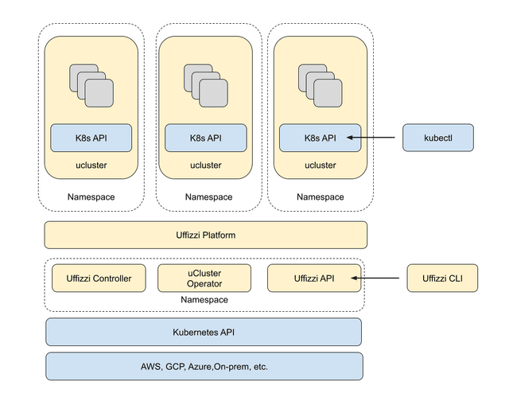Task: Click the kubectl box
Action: click(438, 138)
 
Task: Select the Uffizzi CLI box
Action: click(442, 278)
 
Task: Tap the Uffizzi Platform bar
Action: click(206, 236)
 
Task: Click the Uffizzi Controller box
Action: click(99, 278)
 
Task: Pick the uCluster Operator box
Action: click(204, 278)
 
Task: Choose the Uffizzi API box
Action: click(314, 278)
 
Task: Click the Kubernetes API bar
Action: click(204, 332)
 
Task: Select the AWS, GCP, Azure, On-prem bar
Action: click(204, 366)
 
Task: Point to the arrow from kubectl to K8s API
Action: click(371, 138)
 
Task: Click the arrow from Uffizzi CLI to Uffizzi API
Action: click(375, 278)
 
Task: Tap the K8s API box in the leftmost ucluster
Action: click(91, 138)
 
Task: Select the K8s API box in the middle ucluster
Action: click(206, 138)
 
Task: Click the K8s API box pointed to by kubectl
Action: click(320, 138)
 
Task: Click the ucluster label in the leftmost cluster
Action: click(91, 166)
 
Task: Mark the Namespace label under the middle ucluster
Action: click(208, 197)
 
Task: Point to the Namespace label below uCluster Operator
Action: click(204, 299)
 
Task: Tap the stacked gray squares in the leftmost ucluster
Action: click(91, 86)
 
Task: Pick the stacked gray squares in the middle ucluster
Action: click(206, 86)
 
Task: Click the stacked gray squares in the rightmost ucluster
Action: click(320, 86)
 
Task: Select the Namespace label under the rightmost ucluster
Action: click(321, 197)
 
